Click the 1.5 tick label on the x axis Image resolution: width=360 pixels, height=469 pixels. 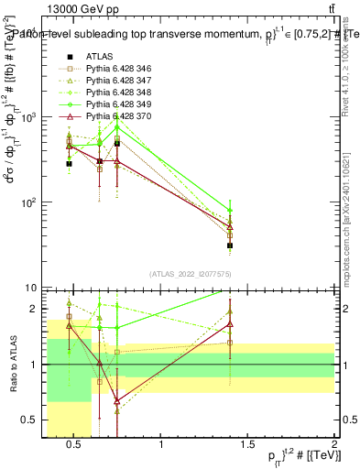tap(248, 445)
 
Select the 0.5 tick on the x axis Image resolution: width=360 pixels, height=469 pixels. tap(75, 445)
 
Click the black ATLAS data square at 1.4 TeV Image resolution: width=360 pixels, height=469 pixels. tap(230, 245)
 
